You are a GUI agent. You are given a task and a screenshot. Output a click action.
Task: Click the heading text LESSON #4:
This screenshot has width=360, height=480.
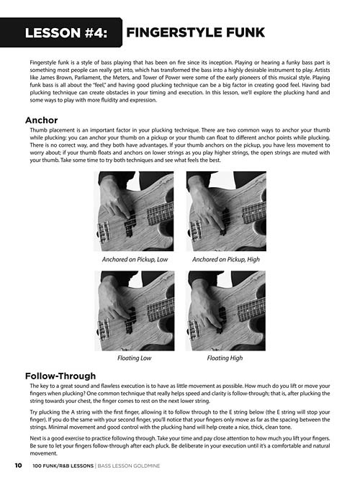(x=66, y=33)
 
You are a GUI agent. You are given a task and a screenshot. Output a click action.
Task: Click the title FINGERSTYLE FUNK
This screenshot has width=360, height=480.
(x=195, y=32)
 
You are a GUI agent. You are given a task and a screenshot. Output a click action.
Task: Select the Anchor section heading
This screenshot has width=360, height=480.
(x=41, y=120)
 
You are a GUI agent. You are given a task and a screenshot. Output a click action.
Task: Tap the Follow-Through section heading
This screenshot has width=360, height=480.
(x=60, y=376)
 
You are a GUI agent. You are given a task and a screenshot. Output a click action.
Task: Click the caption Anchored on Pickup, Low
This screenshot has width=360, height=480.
(x=135, y=260)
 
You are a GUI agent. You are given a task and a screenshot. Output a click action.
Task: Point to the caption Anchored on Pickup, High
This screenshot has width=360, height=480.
(x=226, y=260)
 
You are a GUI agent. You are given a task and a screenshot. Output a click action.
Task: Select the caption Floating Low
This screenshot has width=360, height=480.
(x=134, y=358)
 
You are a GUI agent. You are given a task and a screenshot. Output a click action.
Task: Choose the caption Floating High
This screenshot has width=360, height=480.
(x=225, y=358)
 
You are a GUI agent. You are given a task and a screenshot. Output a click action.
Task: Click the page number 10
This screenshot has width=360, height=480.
(x=19, y=466)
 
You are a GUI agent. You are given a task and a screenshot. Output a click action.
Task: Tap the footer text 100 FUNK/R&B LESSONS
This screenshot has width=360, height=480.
(x=63, y=466)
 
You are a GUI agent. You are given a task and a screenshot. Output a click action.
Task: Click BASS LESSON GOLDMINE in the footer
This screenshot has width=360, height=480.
(x=129, y=466)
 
